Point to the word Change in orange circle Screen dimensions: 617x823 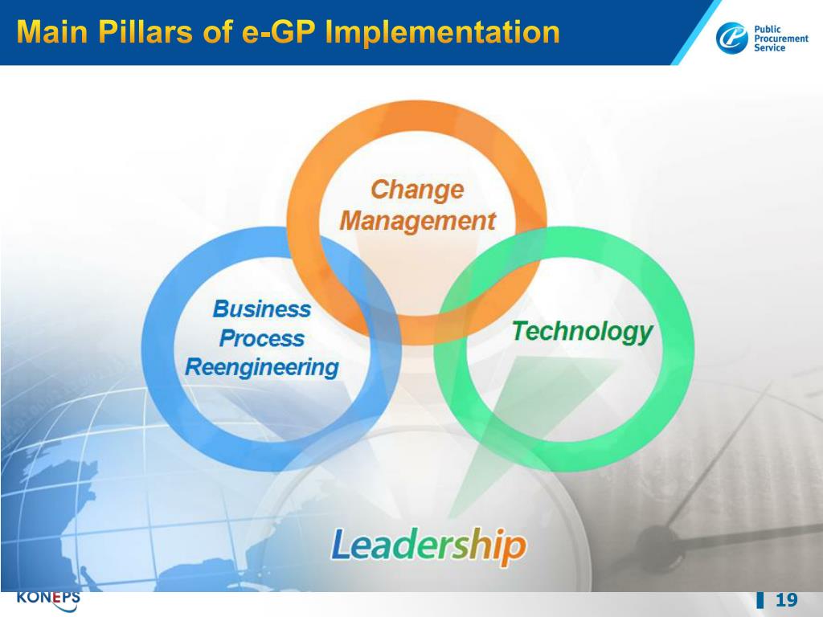click(x=417, y=190)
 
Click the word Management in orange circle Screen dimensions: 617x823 click(x=417, y=220)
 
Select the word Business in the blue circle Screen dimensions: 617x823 click(x=261, y=308)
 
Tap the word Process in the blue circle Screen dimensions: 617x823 click(x=261, y=338)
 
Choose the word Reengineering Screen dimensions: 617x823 click(x=261, y=368)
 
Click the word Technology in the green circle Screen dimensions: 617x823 click(x=582, y=331)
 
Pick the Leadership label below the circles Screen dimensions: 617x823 click(x=428, y=545)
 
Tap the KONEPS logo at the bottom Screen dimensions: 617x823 click(x=48, y=599)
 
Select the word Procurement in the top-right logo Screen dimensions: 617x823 click(x=780, y=39)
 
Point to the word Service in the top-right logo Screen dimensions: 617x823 click(x=770, y=48)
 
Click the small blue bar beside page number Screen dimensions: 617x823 click(x=760, y=601)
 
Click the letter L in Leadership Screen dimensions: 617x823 click(x=340, y=545)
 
